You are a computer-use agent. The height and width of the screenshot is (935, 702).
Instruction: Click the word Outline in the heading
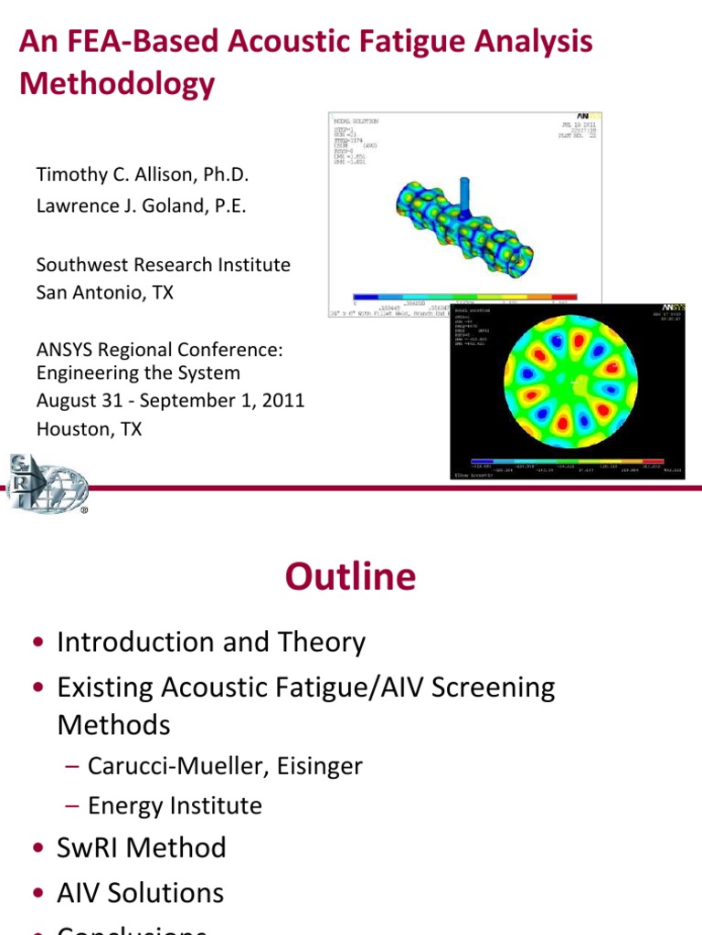tap(350, 577)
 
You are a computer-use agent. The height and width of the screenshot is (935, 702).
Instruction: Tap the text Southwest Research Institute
tap(163, 265)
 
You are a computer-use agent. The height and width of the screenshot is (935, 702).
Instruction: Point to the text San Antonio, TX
tap(104, 293)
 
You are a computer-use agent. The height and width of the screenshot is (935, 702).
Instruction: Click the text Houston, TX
tap(89, 428)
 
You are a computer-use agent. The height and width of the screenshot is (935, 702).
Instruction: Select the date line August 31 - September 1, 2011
tap(170, 400)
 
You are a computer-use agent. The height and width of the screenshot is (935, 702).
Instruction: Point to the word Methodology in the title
tap(117, 84)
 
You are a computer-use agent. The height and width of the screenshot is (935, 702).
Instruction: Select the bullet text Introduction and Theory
tap(210, 643)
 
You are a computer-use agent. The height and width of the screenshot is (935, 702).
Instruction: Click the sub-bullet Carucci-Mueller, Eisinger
tap(225, 766)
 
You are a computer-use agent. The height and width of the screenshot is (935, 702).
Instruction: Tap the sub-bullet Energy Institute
tap(175, 805)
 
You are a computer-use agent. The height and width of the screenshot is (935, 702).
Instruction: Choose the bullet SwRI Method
tap(141, 847)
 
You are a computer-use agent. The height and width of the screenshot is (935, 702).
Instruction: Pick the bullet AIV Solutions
tap(140, 892)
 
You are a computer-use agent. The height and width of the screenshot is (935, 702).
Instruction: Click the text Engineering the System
tap(138, 373)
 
